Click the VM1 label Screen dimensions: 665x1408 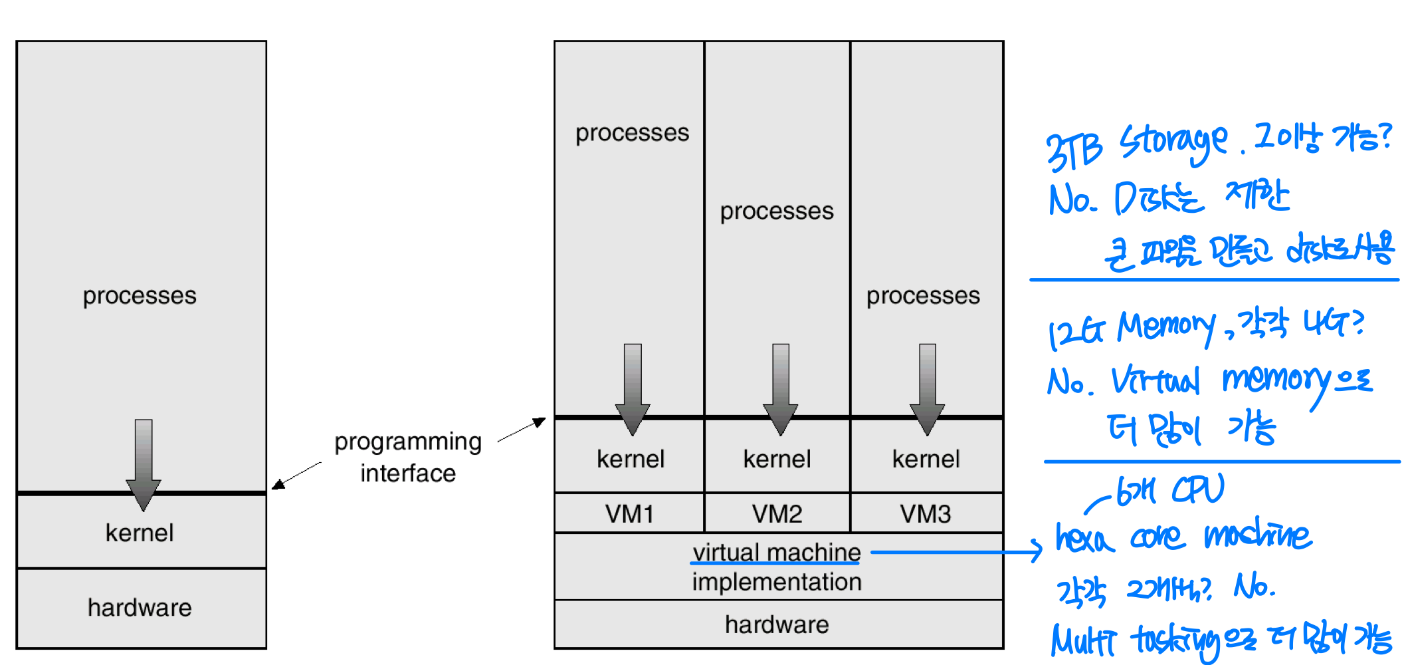tap(629, 514)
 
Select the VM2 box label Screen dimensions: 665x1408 tap(777, 514)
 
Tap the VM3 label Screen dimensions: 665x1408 tap(926, 514)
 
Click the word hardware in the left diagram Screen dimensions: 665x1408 tap(140, 607)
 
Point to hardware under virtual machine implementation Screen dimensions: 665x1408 tap(777, 624)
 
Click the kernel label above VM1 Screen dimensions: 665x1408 tap(631, 459)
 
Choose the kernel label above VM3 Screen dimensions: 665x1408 tap(926, 459)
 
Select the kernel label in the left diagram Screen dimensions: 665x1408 tap(140, 533)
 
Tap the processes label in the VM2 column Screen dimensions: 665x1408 tap(777, 211)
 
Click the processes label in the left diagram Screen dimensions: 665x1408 tap(140, 295)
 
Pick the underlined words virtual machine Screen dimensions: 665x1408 tap(776, 553)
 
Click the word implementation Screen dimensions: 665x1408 tap(776, 582)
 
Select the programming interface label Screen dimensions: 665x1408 tap(408, 458)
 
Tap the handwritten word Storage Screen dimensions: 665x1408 tap(1173, 144)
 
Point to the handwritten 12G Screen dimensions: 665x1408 tap(1076, 332)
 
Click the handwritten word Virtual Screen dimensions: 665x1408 tap(1156, 382)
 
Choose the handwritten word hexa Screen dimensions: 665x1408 tap(1084, 537)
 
